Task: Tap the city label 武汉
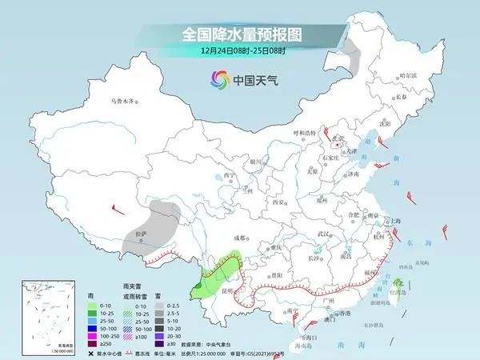click(x=323, y=234)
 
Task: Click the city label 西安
click(x=278, y=203)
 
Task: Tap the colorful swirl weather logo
click(x=218, y=79)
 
